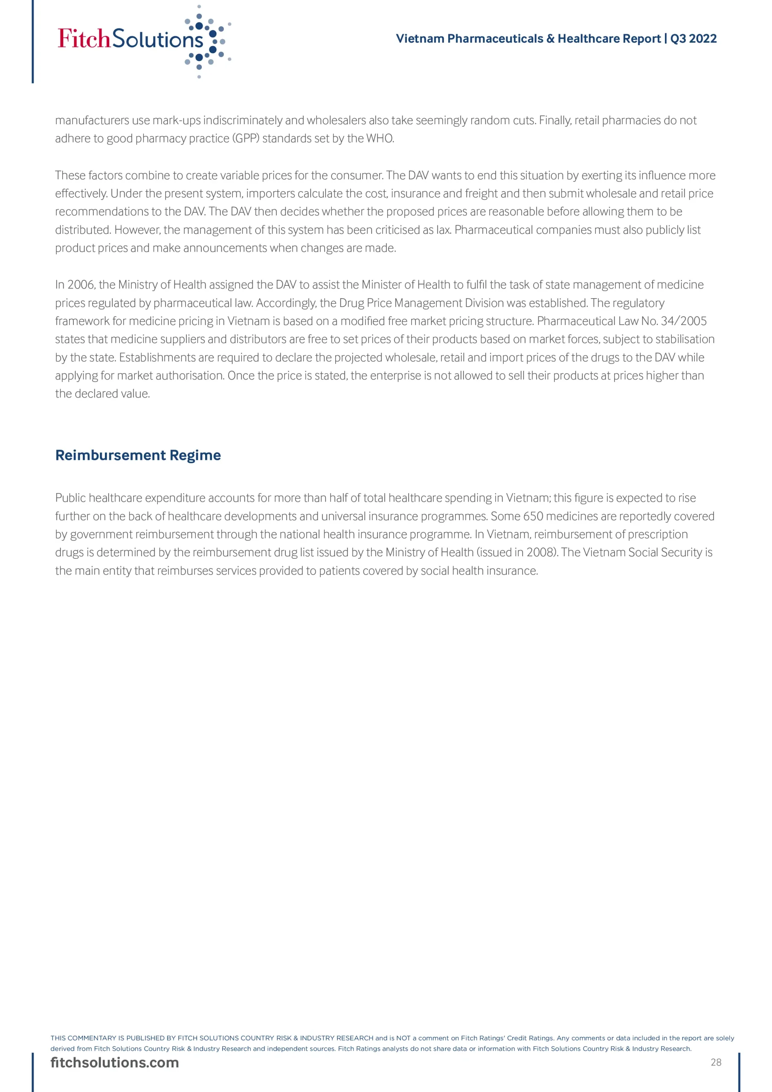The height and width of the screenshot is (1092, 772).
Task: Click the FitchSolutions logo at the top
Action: pyautogui.click(x=143, y=40)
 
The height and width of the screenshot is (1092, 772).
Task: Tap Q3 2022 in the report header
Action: pyautogui.click(x=693, y=38)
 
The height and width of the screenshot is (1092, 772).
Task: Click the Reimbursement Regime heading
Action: pyautogui.click(x=138, y=455)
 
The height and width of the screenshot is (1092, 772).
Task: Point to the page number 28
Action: pyautogui.click(x=716, y=1062)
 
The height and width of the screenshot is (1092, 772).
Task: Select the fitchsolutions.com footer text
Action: pyautogui.click(x=115, y=1063)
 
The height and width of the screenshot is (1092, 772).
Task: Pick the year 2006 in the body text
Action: pyautogui.click(x=81, y=285)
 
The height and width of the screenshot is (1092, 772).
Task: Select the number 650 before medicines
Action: pyautogui.click(x=533, y=516)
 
